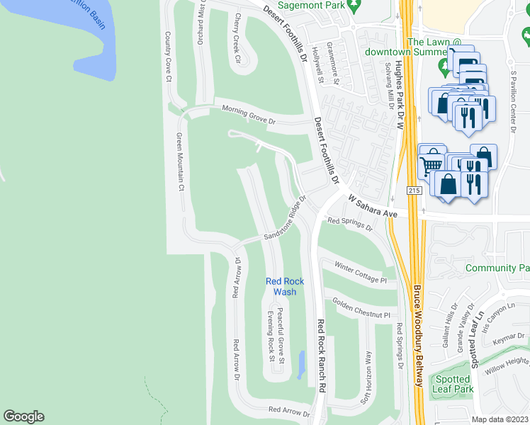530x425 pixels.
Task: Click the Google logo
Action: [x=23, y=416]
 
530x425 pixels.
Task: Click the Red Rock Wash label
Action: [x=285, y=286]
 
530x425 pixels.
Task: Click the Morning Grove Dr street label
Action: [x=248, y=114]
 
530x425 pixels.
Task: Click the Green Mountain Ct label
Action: [x=180, y=162]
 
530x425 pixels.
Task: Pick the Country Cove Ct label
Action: [x=169, y=57]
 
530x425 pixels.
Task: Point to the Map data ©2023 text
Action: [x=500, y=419]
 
